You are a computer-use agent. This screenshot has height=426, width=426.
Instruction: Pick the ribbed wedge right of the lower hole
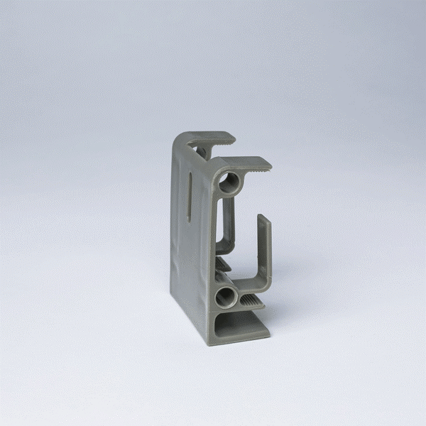pos(251,303)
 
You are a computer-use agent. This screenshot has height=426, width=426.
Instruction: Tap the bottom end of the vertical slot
pos(190,219)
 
